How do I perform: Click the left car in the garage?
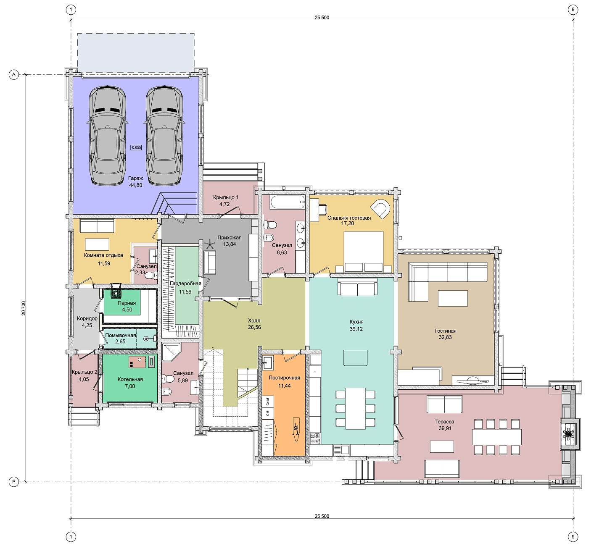(x=108, y=135)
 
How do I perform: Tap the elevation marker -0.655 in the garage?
(x=136, y=147)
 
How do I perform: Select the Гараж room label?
(x=135, y=178)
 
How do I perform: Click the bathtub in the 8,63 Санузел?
(x=287, y=202)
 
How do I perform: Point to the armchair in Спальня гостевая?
(x=380, y=208)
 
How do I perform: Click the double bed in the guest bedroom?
(x=363, y=252)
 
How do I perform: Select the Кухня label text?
(x=356, y=322)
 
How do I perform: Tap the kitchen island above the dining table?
(x=355, y=358)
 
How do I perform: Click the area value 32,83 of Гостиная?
(x=445, y=337)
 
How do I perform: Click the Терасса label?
(x=444, y=422)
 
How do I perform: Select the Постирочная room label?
(x=285, y=378)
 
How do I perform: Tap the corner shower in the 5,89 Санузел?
(x=171, y=352)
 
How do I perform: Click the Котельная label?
(x=130, y=379)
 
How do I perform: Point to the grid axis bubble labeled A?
(x=14, y=75)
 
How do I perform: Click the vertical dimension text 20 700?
(x=24, y=308)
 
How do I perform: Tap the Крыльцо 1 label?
(x=226, y=197)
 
